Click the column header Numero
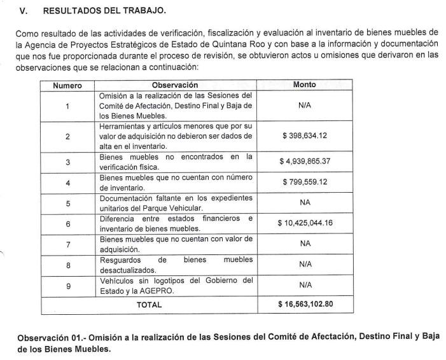pos(67,85)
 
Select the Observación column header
pos(175,85)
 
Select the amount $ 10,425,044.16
pos(305,223)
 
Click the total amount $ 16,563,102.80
pos(305,304)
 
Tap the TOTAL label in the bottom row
pos(150,304)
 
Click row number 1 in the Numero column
pos(67,106)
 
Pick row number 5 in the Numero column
pos(67,203)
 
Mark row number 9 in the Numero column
pos(67,285)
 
